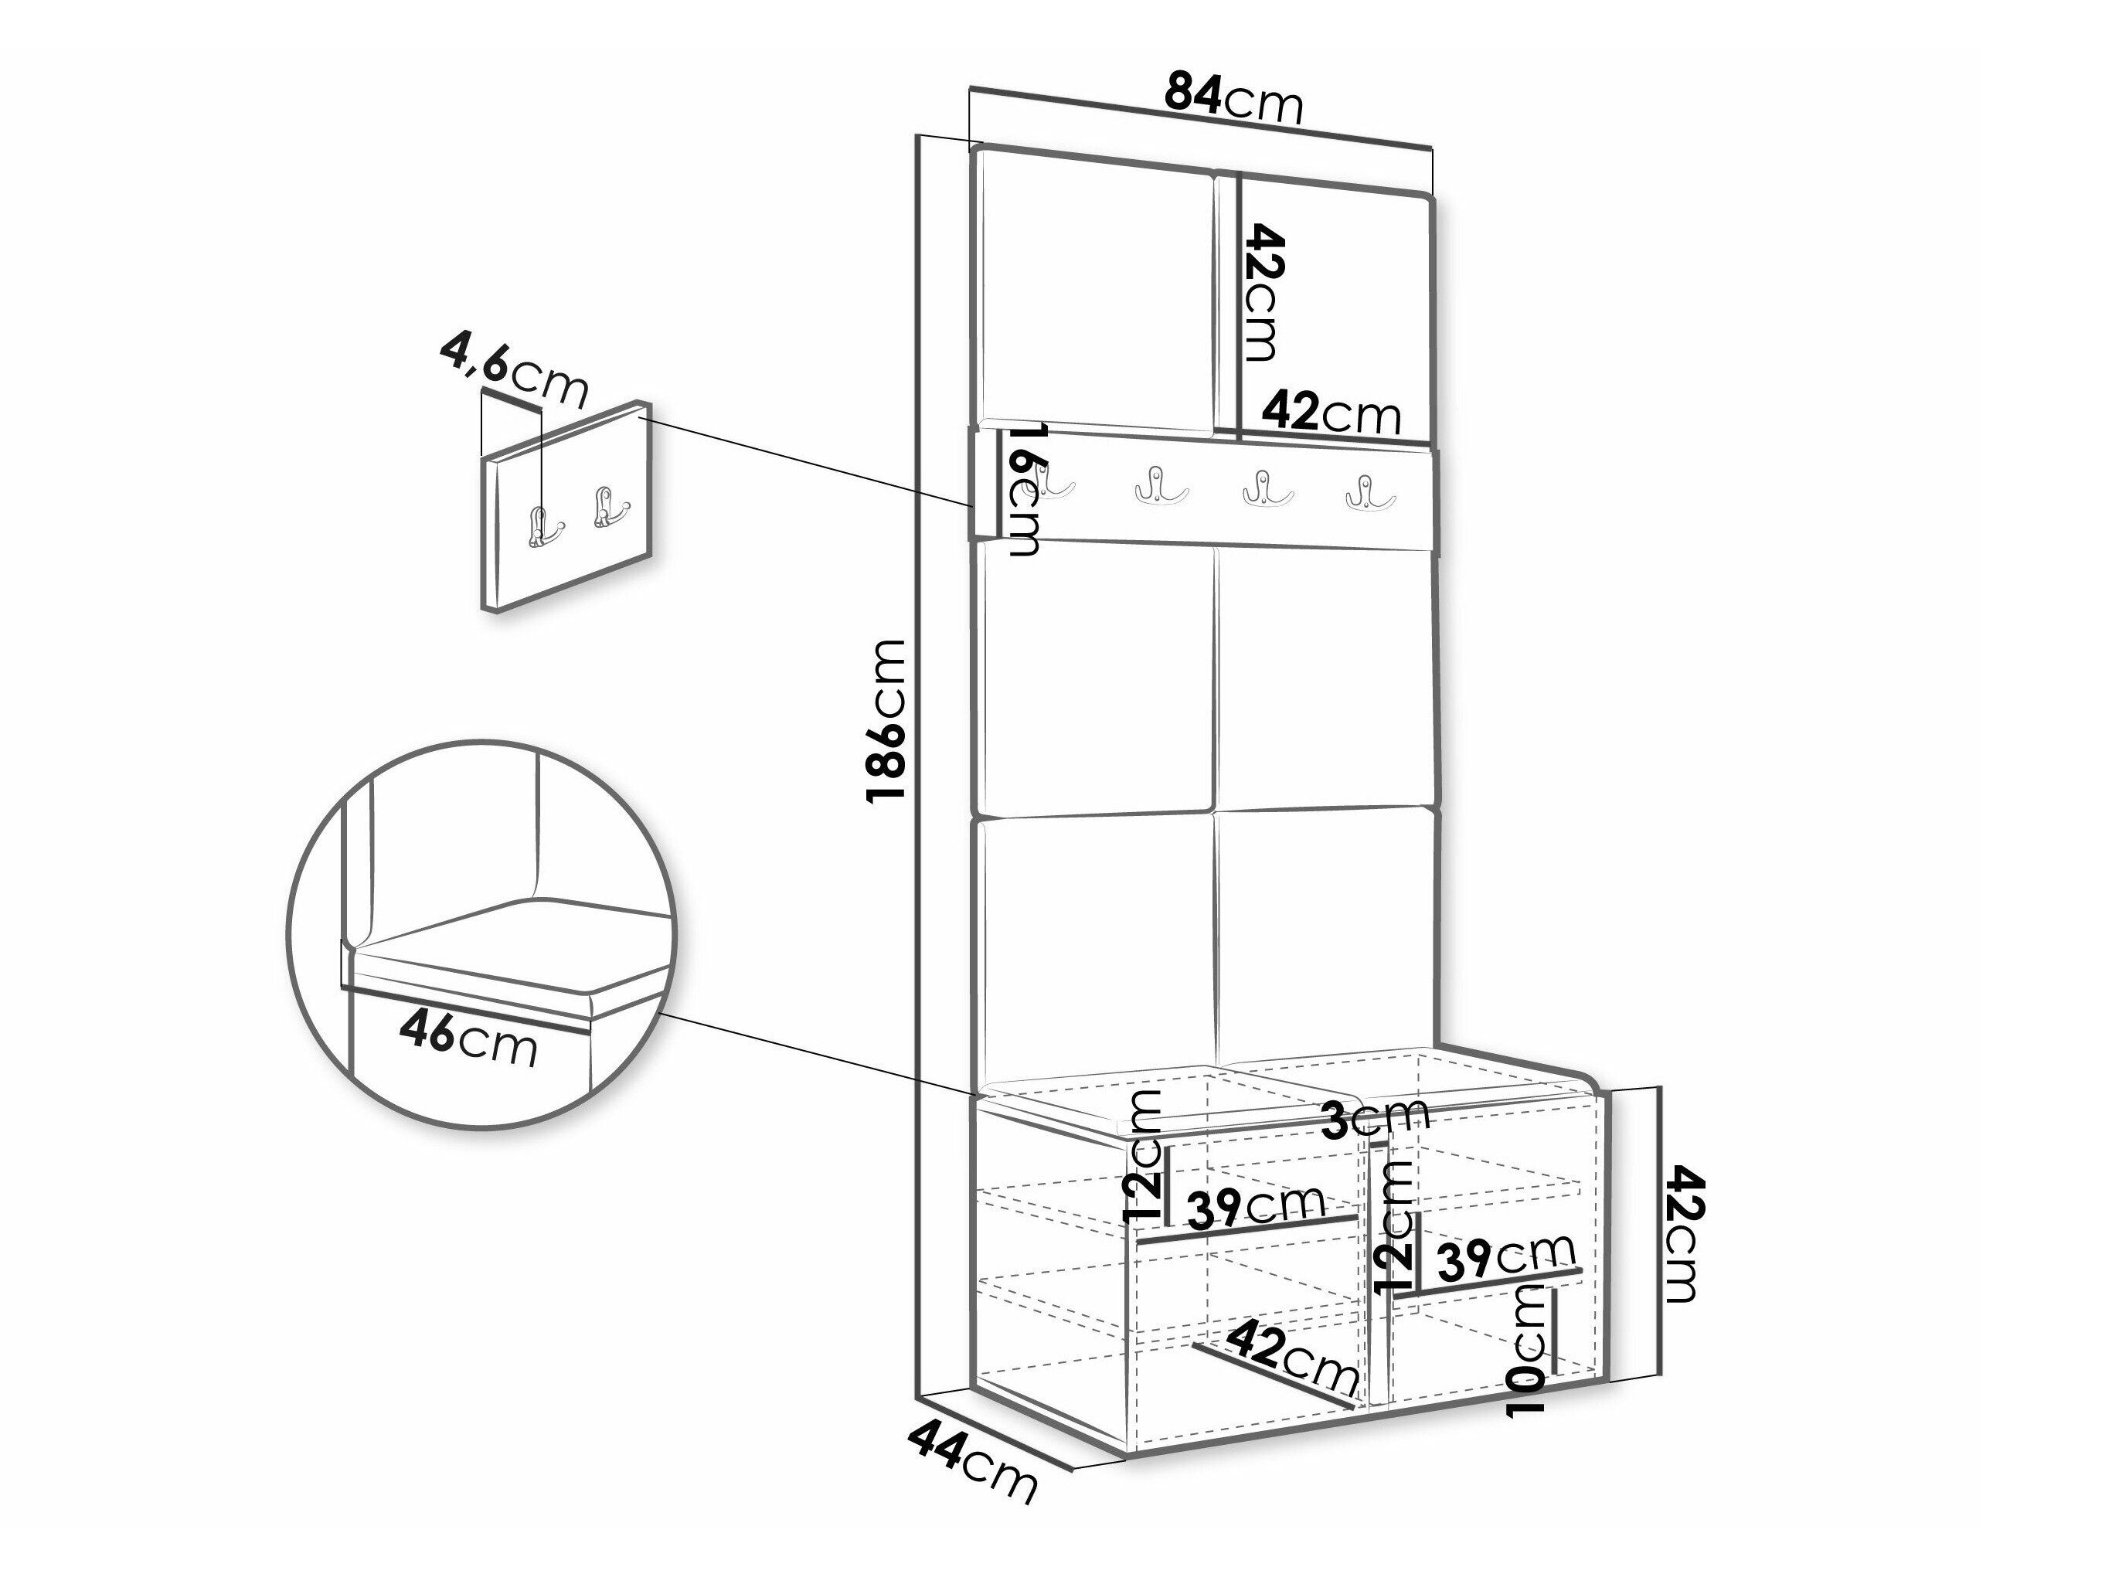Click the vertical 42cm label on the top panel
click(1261, 292)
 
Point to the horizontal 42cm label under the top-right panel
click(1331, 413)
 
